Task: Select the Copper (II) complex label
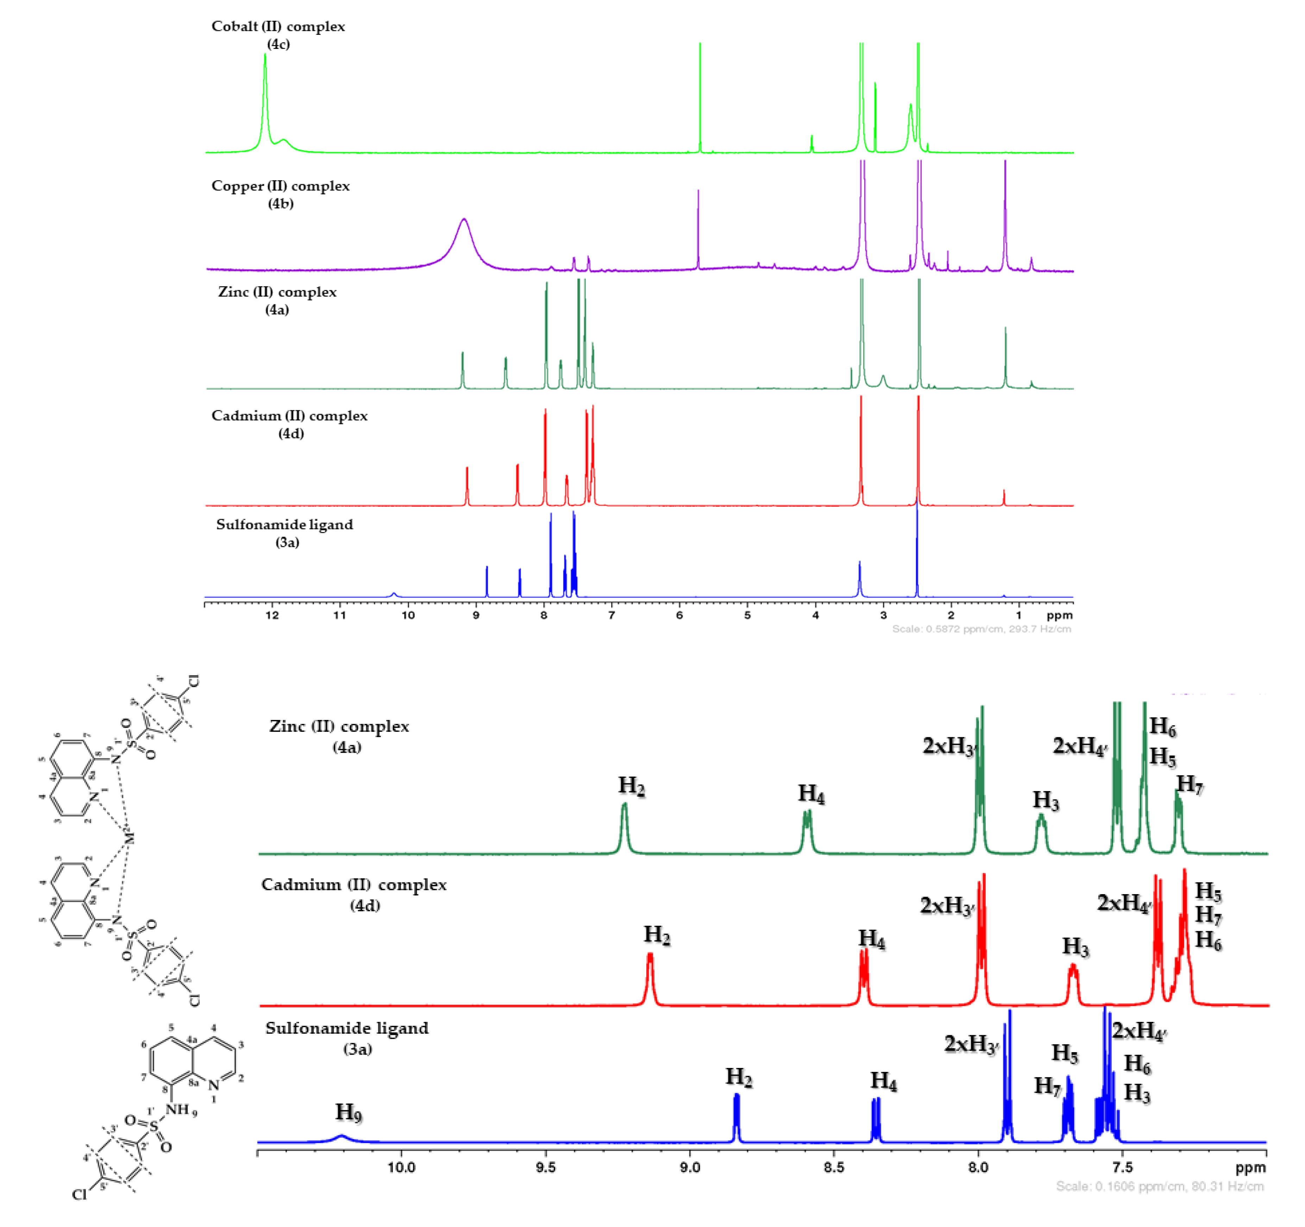pos(280,186)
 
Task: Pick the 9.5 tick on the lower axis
pos(546,1167)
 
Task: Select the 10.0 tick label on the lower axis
pos(401,1167)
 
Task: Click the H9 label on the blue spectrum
pos(349,1112)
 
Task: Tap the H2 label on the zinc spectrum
pos(632,785)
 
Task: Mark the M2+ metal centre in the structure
pos(129,838)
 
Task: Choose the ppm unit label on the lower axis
pos(1250,1168)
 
